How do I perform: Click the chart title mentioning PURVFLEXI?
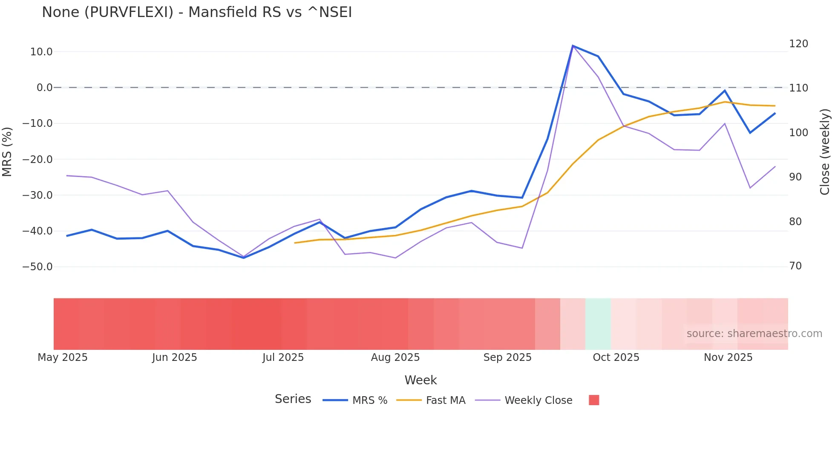click(197, 12)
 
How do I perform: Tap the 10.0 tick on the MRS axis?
click(41, 52)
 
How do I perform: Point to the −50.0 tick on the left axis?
click(37, 267)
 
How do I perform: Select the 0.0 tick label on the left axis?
click(44, 88)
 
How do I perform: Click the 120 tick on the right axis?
click(798, 44)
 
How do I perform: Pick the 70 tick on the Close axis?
click(795, 266)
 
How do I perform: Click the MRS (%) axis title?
click(7, 152)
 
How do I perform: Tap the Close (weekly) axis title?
click(825, 152)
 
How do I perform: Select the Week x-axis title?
click(420, 380)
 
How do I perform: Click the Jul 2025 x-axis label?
click(283, 357)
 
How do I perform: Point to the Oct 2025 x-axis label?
click(616, 357)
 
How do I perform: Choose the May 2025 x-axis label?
click(63, 357)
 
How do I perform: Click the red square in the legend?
click(594, 400)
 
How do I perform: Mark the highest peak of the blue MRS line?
click(573, 46)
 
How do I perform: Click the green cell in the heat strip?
click(598, 324)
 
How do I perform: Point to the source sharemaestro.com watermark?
click(754, 334)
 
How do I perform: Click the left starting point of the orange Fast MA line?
click(295, 243)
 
